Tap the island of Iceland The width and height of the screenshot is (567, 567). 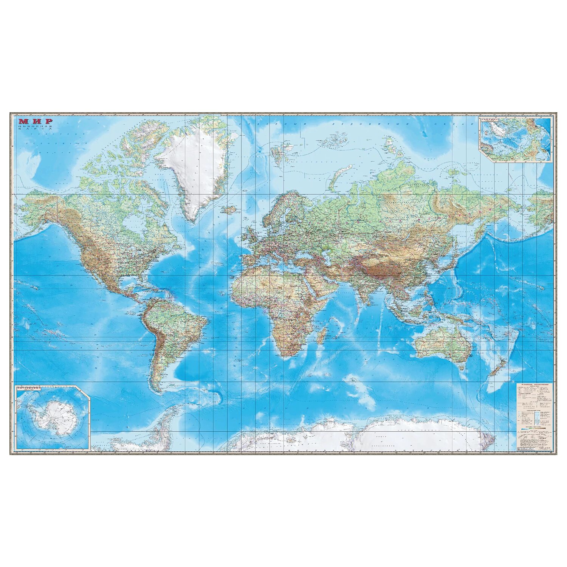click(x=232, y=209)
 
